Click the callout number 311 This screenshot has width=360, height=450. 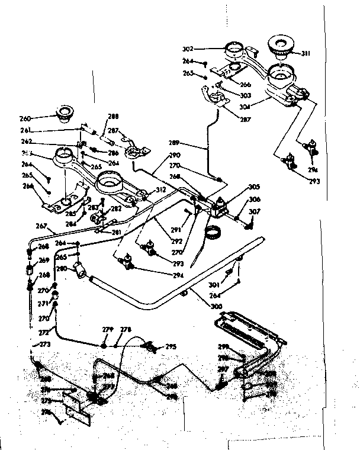(x=322, y=53)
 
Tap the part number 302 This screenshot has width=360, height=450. (x=188, y=49)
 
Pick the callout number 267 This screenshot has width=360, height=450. (x=41, y=225)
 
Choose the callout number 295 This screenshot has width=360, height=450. (x=171, y=347)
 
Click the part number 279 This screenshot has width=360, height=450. (x=108, y=330)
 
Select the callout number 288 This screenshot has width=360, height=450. (x=113, y=117)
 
